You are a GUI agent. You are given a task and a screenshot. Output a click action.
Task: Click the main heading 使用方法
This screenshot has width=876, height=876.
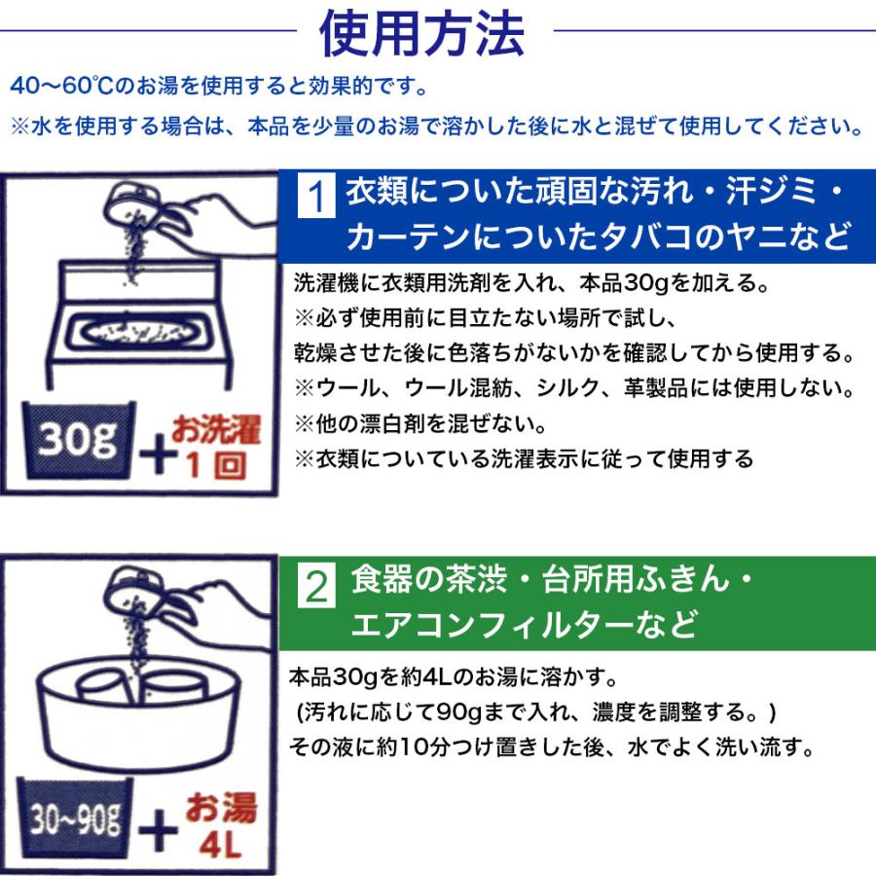(x=421, y=33)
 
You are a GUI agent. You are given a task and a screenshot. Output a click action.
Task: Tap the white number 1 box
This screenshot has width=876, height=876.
(x=316, y=196)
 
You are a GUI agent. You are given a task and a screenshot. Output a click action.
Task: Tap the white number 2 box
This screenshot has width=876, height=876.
(x=316, y=585)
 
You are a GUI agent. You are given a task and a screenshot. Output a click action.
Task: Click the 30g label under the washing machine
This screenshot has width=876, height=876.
(x=78, y=439)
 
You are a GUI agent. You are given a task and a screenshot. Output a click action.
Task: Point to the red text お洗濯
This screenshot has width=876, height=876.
(x=216, y=429)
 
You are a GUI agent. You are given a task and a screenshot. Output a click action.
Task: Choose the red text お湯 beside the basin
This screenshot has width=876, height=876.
(x=221, y=808)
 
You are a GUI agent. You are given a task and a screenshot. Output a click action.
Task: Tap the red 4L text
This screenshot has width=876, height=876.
(x=221, y=845)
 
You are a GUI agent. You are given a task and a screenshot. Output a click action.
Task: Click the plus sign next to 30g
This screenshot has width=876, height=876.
(x=158, y=454)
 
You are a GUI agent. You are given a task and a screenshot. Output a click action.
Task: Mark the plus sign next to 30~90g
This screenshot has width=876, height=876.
(x=158, y=830)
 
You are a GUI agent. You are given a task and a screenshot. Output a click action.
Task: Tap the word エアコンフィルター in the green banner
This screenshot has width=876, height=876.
(x=493, y=624)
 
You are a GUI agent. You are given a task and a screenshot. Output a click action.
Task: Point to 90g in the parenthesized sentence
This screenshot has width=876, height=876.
(x=458, y=712)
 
